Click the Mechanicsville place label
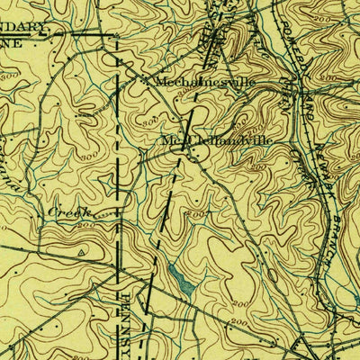205,81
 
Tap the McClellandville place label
216,140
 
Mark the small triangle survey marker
82,254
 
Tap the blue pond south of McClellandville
184,283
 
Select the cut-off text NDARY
22,28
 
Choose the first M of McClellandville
167,140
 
